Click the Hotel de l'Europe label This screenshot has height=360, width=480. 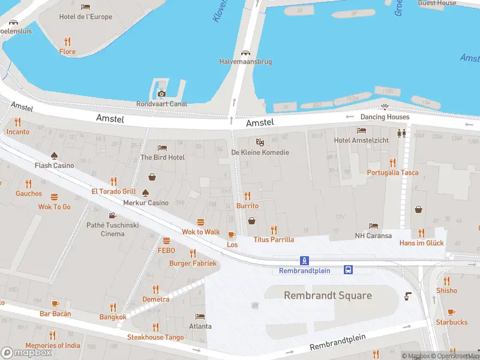(x=86, y=17)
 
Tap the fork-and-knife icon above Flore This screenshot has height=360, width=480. (x=67, y=41)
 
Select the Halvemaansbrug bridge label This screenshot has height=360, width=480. (x=246, y=62)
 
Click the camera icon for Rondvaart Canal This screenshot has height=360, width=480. (x=161, y=94)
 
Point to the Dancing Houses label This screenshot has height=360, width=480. (x=385, y=117)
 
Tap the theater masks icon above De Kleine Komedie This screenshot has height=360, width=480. (x=260, y=142)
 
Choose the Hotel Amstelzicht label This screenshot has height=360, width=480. (x=361, y=140)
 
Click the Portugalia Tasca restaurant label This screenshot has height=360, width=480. (x=393, y=173)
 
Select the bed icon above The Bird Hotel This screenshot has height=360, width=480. (x=162, y=148)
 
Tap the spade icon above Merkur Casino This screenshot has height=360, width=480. (x=145, y=193)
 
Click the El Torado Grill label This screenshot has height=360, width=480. (x=113, y=191)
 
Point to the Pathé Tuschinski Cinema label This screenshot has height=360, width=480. (x=113, y=229)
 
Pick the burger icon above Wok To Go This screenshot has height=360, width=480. (x=55, y=197)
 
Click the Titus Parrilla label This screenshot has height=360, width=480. (x=274, y=239)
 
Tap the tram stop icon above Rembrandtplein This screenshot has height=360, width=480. (x=305, y=260)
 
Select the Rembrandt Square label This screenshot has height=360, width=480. (x=328, y=295)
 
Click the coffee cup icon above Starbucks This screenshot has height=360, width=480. (x=451, y=312)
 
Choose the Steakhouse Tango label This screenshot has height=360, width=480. (x=155, y=337)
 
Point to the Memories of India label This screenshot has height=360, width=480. (x=53, y=346)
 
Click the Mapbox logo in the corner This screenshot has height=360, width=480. (x=26, y=353)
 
